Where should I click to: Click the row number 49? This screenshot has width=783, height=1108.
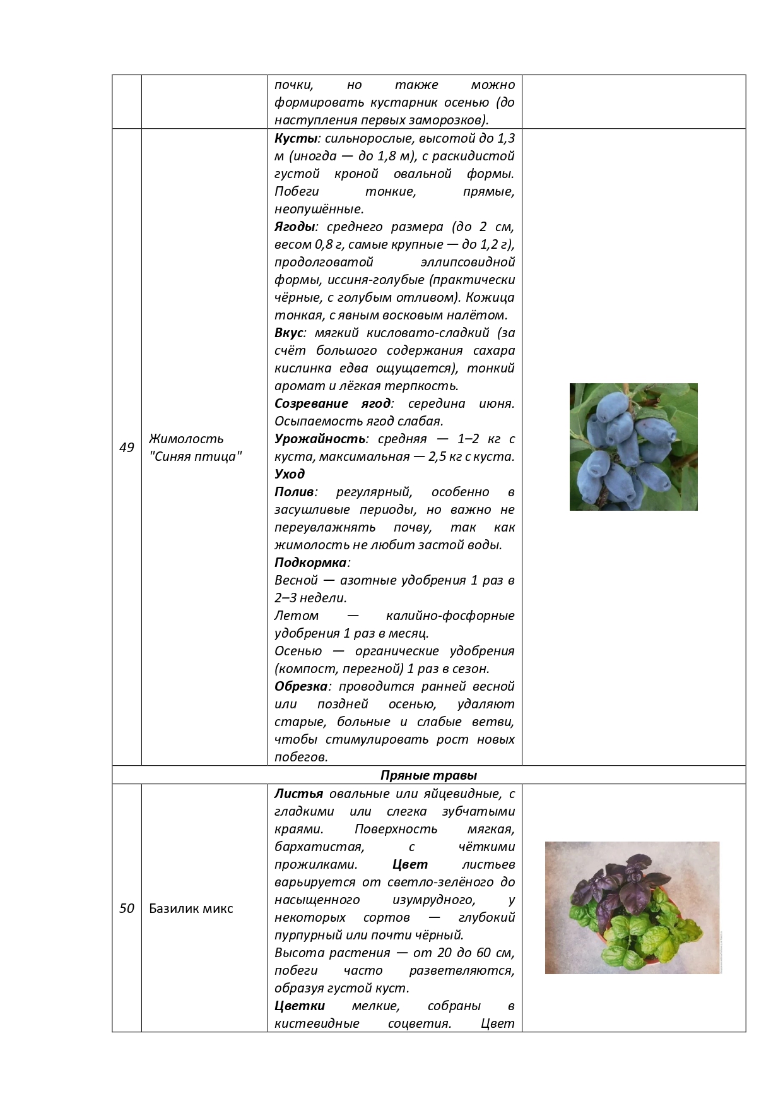[x=127, y=448]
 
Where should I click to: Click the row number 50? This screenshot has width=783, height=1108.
[x=127, y=908]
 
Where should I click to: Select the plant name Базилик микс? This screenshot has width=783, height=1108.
[x=191, y=908]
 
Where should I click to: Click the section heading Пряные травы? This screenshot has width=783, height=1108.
[x=428, y=775]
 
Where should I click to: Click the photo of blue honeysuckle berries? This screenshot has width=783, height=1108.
[x=633, y=447]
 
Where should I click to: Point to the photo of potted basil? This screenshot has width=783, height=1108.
[x=632, y=907]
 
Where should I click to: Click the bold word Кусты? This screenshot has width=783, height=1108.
[x=295, y=138]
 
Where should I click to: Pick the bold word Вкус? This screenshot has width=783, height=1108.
[x=289, y=333]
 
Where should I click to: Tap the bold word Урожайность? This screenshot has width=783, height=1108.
[x=320, y=439]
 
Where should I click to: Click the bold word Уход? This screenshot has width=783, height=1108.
[x=290, y=474]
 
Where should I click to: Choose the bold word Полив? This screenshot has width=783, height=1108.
[x=294, y=492]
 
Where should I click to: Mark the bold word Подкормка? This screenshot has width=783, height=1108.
[x=310, y=563]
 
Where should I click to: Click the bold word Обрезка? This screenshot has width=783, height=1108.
[x=301, y=686]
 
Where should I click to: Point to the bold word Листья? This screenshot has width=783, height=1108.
[x=298, y=794]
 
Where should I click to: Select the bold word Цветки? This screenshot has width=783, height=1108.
[x=300, y=1006]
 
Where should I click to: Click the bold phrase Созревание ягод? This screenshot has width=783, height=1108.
[x=333, y=403]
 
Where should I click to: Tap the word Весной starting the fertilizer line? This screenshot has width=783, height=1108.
[x=296, y=580]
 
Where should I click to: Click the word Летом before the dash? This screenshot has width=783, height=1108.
[x=297, y=616]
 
